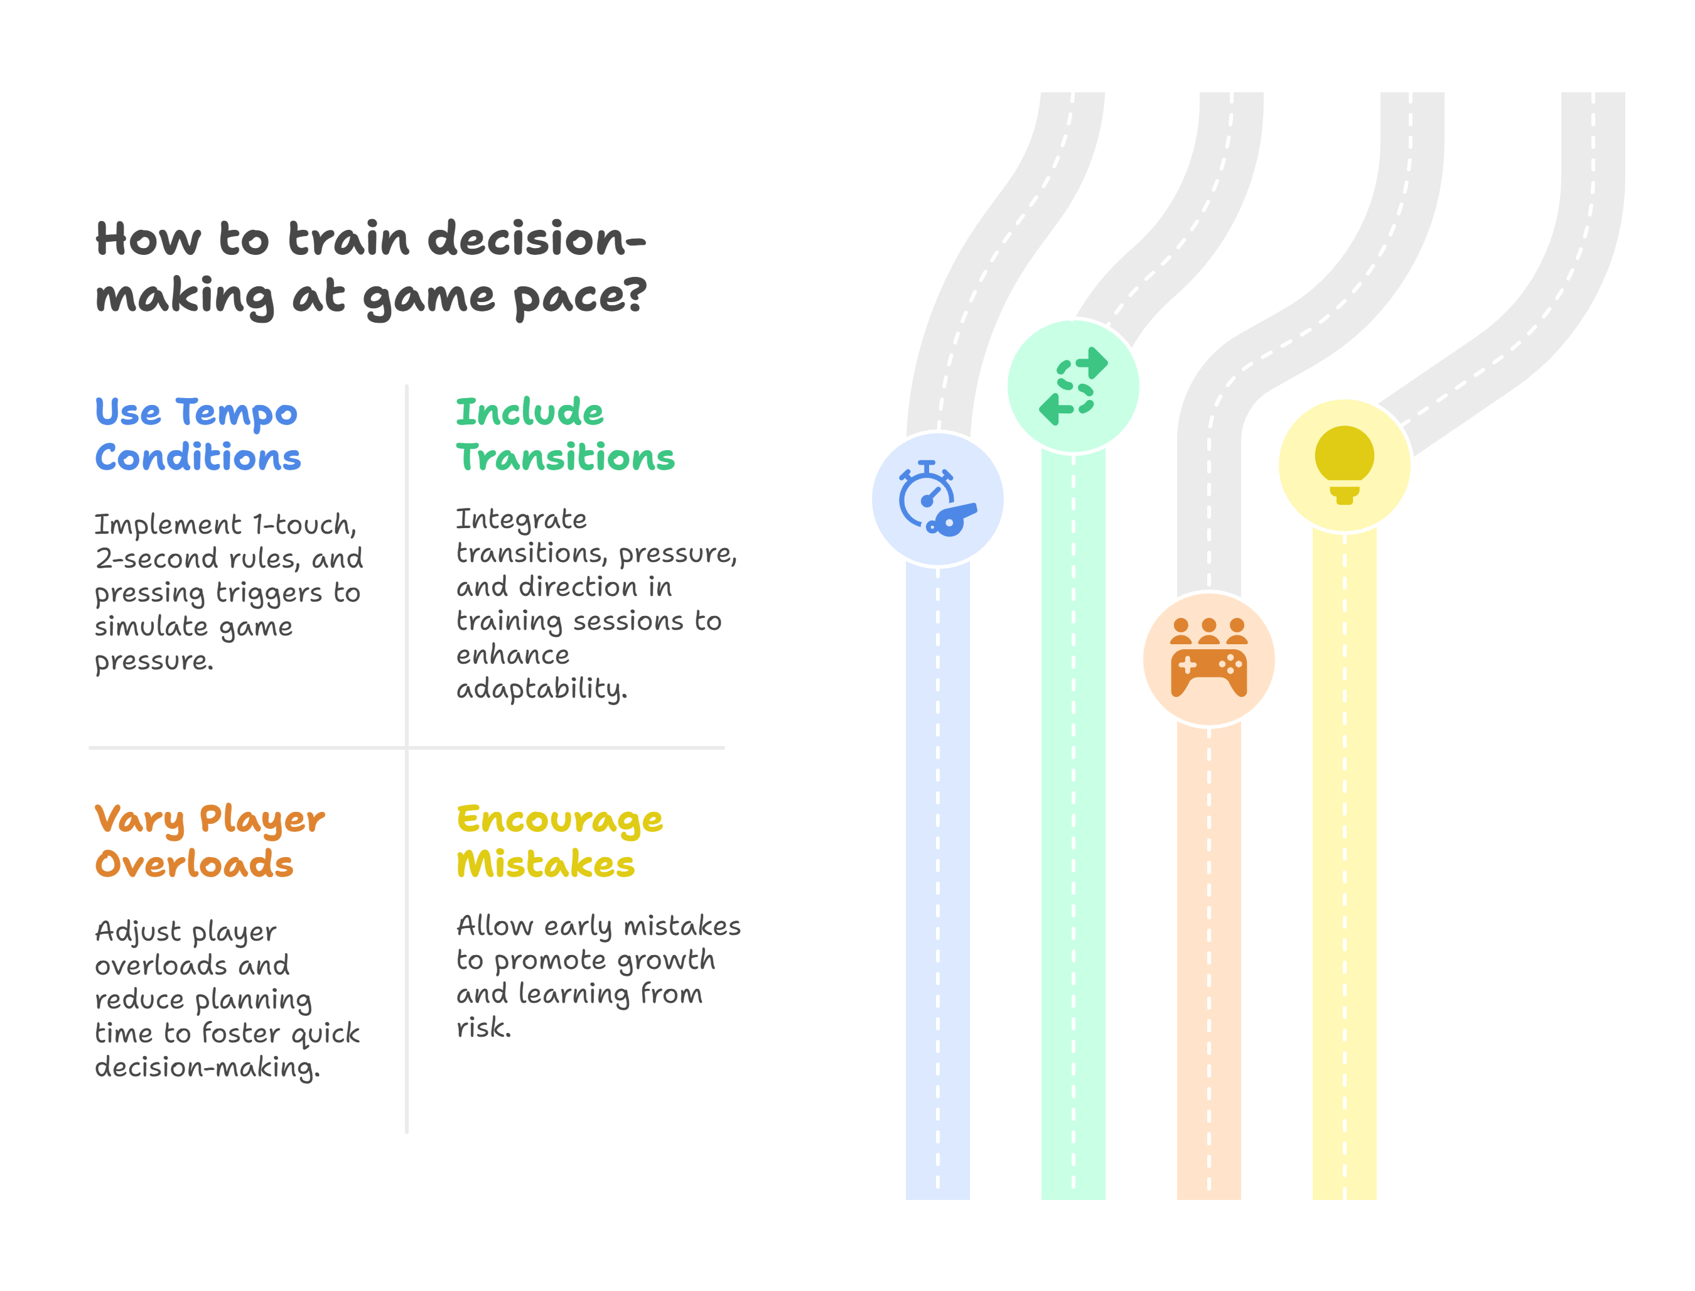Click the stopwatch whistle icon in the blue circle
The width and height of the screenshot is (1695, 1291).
[937, 499]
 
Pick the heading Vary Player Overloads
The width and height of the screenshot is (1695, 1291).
[209, 841]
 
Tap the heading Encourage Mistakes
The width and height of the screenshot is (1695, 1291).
[559, 841]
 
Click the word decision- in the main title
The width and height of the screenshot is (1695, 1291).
[536, 239]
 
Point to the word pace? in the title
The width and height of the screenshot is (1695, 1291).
[580, 296]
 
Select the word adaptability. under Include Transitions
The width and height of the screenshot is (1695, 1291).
[542, 689]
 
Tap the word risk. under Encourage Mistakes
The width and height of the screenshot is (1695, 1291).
[483, 1027]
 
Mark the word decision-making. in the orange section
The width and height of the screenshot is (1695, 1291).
[207, 1067]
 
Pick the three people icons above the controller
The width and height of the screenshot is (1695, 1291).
[1208, 631]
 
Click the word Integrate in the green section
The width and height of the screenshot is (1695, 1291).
[521, 519]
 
